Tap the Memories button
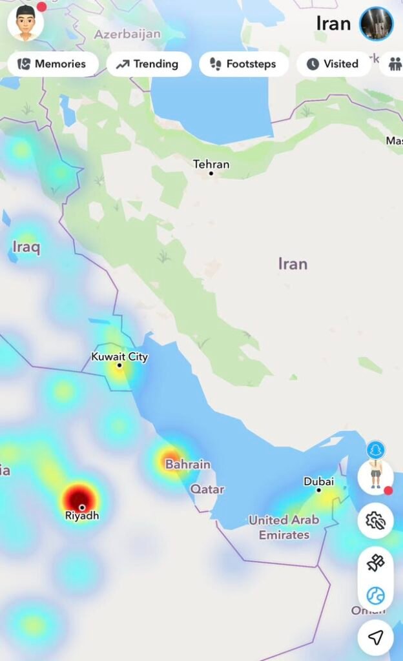click(52, 64)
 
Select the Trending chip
click(149, 64)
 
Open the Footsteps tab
click(243, 64)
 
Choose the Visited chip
click(333, 64)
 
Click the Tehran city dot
click(211, 173)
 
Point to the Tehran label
click(211, 164)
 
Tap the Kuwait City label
click(119, 356)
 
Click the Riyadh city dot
click(81, 507)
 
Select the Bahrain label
click(188, 464)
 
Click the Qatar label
click(207, 489)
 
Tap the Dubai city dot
click(318, 490)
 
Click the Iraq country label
click(26, 246)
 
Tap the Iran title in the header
click(333, 24)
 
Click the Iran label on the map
click(293, 263)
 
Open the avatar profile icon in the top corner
click(26, 23)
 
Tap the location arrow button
click(375, 637)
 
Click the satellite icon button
click(375, 564)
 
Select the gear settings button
click(375, 520)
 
